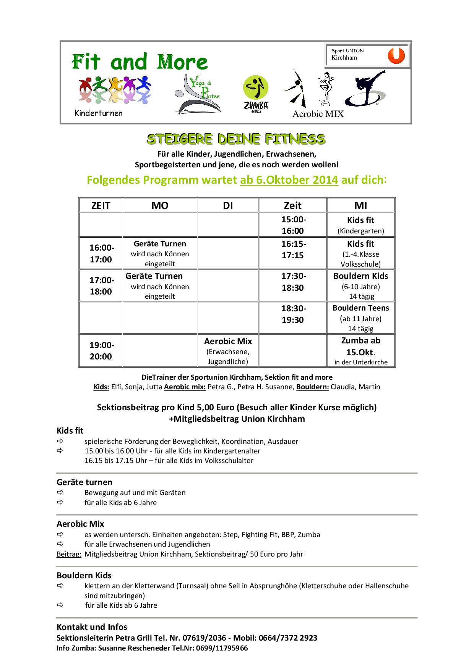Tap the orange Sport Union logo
point(396,56)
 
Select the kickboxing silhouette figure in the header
point(365,88)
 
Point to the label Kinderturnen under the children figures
point(99,113)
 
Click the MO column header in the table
point(160,206)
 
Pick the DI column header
point(228,206)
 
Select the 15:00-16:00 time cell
point(293,225)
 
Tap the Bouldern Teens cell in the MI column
point(360,318)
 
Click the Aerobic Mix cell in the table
point(228,351)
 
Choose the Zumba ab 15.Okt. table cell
point(360,351)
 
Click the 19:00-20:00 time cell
point(101,351)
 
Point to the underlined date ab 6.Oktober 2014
point(289,180)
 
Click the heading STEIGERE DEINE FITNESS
point(236,139)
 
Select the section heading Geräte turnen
point(84,482)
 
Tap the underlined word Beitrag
point(69,554)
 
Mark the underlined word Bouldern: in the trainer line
point(312,387)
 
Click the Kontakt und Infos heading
point(92,627)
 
